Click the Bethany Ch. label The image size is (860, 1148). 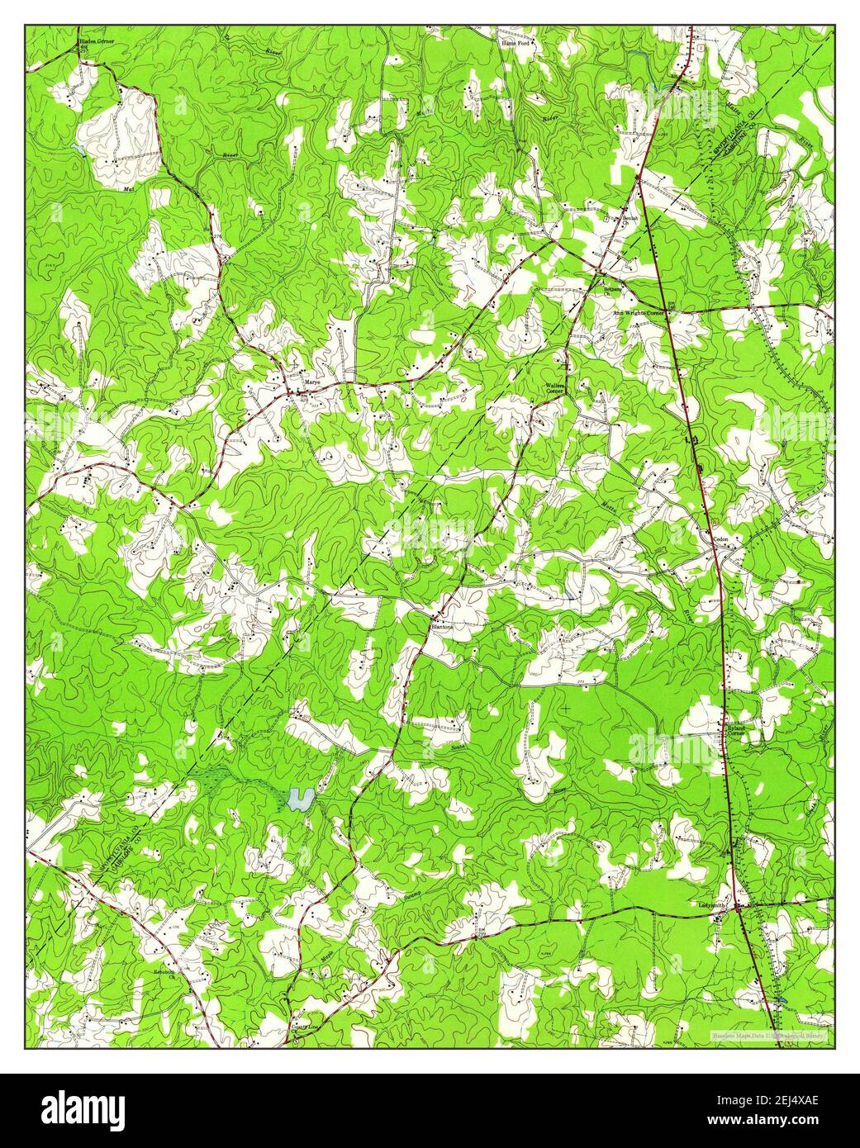tap(612, 290)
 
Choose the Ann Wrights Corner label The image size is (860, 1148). tap(639, 314)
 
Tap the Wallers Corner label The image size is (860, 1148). tap(554, 388)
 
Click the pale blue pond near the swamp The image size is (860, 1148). tap(299, 799)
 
